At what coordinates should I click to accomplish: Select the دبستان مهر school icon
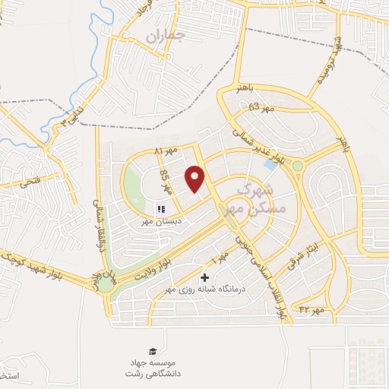coord(161,209)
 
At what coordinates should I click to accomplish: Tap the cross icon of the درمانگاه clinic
coord(204,278)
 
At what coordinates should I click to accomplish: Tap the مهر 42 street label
coord(312,310)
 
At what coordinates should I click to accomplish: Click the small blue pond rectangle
coord(270,163)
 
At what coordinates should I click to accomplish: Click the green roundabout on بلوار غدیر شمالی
coord(298,166)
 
